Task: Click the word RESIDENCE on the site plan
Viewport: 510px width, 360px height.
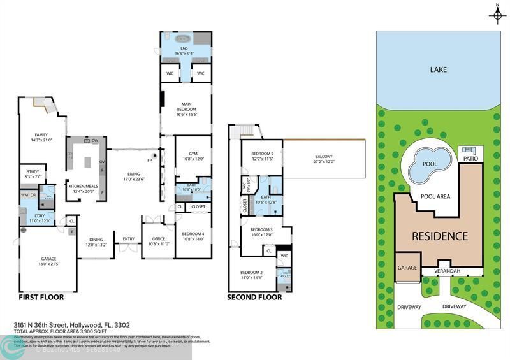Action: [x=439, y=236]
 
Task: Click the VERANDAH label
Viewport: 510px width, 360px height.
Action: [x=447, y=271]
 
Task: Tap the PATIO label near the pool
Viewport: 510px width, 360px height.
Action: [x=470, y=158]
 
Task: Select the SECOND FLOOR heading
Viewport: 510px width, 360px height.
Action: [x=254, y=297]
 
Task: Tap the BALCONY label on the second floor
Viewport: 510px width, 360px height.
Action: [x=323, y=159]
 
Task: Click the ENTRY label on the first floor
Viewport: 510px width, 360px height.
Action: [x=129, y=239]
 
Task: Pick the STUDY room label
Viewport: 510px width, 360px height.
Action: [x=33, y=174]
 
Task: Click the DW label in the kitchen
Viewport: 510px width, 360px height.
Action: [x=94, y=140]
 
